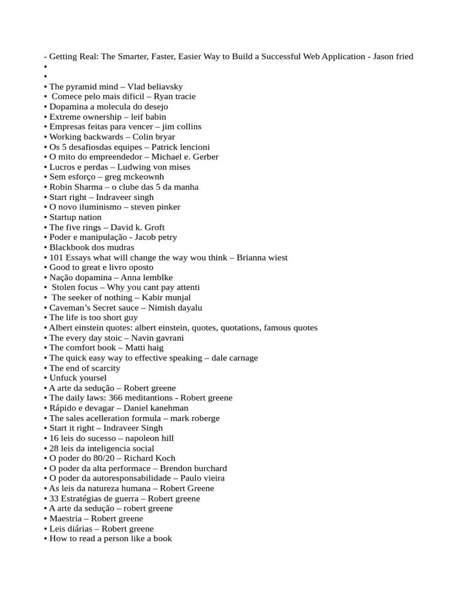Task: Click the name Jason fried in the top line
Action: click(x=393, y=56)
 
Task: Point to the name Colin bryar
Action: click(x=154, y=136)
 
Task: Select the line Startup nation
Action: click(x=75, y=217)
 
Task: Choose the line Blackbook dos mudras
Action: click(x=91, y=247)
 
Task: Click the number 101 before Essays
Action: click(x=56, y=257)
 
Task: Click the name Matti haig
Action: click(x=144, y=348)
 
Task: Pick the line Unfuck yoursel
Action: click(x=78, y=378)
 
